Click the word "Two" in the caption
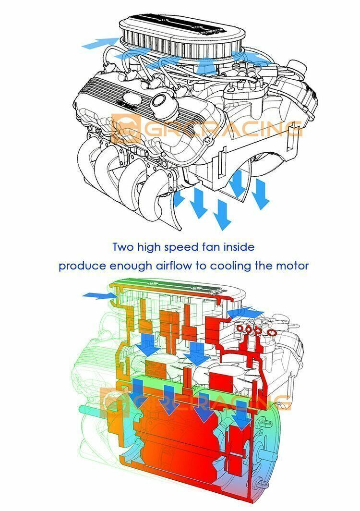click(123, 247)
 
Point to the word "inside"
click(239, 247)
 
